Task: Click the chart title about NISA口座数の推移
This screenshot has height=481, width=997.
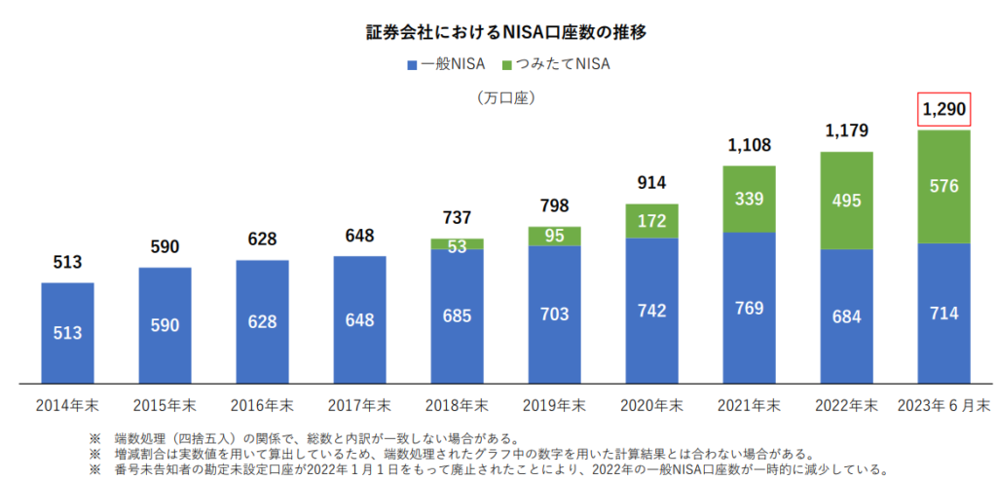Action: [x=498, y=32]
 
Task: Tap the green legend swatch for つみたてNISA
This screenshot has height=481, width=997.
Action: [x=507, y=66]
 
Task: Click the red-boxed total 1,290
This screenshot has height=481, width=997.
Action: [x=943, y=110]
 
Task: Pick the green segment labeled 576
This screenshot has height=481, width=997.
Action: [x=943, y=186]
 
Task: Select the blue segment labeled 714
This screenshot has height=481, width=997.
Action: [x=943, y=313]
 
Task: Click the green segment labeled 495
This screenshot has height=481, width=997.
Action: [x=846, y=201]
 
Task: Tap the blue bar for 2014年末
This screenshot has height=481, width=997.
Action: [x=67, y=333]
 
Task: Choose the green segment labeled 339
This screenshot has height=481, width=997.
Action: [x=749, y=200]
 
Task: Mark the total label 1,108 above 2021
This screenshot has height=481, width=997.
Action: [x=749, y=146]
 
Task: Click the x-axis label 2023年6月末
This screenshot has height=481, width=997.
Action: [x=943, y=405]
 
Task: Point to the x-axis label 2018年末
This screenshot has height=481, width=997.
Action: [x=457, y=405]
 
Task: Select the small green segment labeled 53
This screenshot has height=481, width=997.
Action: [x=457, y=244]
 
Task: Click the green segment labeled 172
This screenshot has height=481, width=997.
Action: [x=651, y=221]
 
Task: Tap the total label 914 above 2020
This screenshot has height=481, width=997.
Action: [x=651, y=183]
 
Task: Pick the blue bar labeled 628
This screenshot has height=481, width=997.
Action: [x=262, y=321]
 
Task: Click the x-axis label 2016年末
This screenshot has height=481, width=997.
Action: [x=262, y=405]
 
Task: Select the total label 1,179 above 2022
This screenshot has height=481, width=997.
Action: [x=846, y=130]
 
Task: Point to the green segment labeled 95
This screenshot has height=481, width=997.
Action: [x=554, y=236]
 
